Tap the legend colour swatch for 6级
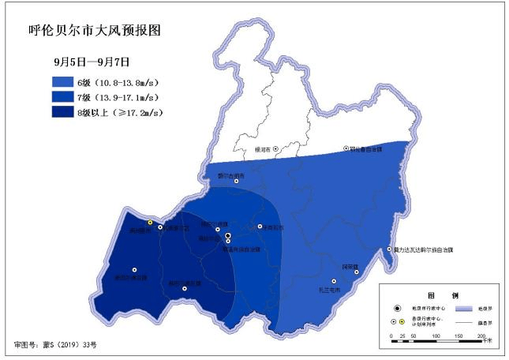62,81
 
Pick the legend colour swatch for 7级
62,96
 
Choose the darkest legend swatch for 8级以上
62,112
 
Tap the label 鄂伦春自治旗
366,148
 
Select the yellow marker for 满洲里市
150,223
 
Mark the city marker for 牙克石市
260,227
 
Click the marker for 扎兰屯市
334,281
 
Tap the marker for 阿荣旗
357,272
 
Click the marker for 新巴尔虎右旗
134,270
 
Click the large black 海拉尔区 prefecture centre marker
227,236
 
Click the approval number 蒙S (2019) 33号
63,346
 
